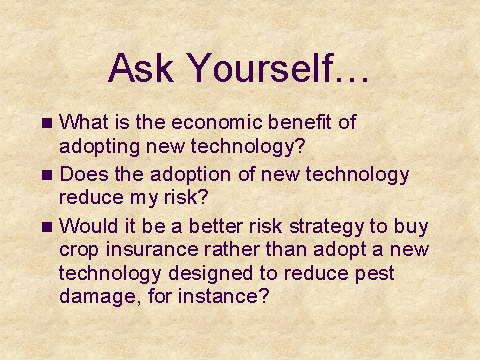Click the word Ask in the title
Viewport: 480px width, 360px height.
click(x=141, y=68)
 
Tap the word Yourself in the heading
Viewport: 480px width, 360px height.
click(x=260, y=68)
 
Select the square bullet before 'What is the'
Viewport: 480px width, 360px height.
click(x=47, y=123)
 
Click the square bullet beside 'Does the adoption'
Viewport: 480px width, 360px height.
click(x=47, y=175)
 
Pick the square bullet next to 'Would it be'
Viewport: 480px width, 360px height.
click(x=47, y=227)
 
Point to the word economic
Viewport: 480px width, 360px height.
click(x=217, y=122)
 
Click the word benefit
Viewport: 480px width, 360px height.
click(x=300, y=122)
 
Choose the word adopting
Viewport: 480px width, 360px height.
click(x=99, y=147)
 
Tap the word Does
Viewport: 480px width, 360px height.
click(x=84, y=174)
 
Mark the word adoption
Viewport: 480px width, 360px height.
click(x=190, y=175)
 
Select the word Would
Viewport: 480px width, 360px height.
click(x=89, y=226)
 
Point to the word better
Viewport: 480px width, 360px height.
click(x=216, y=226)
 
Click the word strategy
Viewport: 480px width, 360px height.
click(x=327, y=227)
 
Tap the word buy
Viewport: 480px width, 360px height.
click(x=411, y=227)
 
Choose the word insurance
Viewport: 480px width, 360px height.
click(x=152, y=249)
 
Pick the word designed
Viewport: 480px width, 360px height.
click(x=210, y=274)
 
